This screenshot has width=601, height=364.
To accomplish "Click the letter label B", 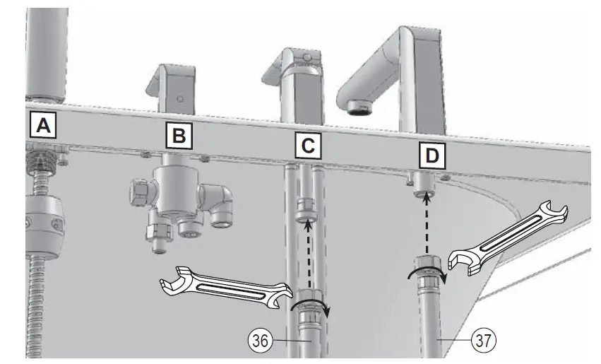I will (180, 135).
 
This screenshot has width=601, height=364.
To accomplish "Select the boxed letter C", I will (308, 146).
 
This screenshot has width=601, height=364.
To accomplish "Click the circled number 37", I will (483, 340).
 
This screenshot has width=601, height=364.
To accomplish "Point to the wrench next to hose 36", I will (226, 286).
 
